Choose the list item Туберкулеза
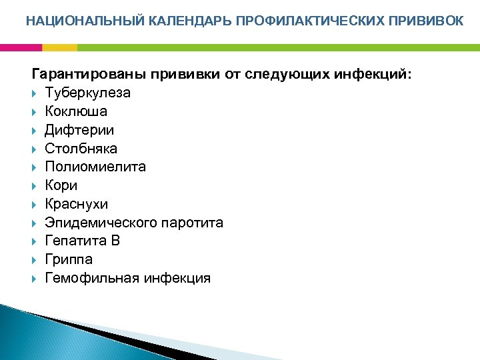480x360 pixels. pyautogui.click(x=87, y=93)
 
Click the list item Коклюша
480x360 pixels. pyautogui.click(x=76, y=111)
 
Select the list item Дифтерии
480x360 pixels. pyautogui.click(x=79, y=130)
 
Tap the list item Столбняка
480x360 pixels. pyautogui.click(x=81, y=148)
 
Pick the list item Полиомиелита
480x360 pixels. pyautogui.click(x=95, y=167)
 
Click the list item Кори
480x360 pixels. pyautogui.click(x=61, y=185)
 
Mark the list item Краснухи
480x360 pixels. pyautogui.click(x=76, y=204)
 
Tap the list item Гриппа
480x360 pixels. pyautogui.click(x=69, y=259)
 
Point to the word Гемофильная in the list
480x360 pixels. pyautogui.click(x=91, y=278)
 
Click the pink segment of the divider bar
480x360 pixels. pyautogui.click(x=21, y=47)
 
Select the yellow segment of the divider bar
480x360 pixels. pyautogui.click(x=59, y=47)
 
